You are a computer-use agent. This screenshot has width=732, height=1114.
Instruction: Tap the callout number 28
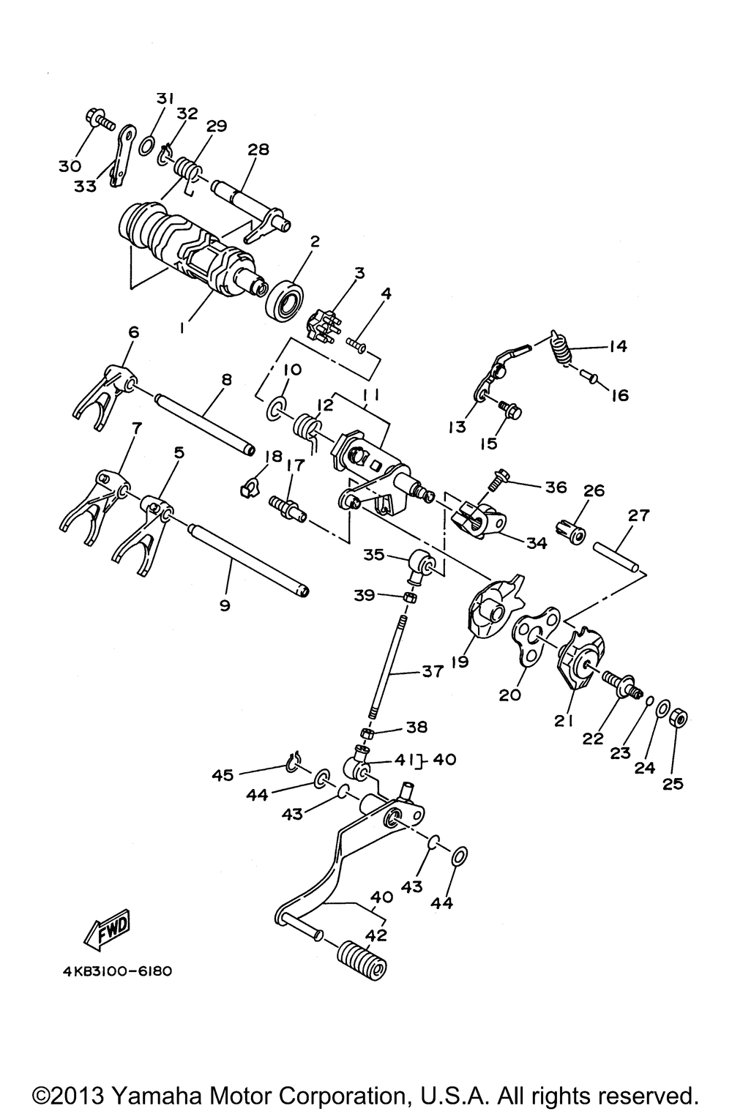tap(258, 149)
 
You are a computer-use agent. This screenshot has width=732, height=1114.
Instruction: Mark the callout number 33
tap(86, 186)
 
